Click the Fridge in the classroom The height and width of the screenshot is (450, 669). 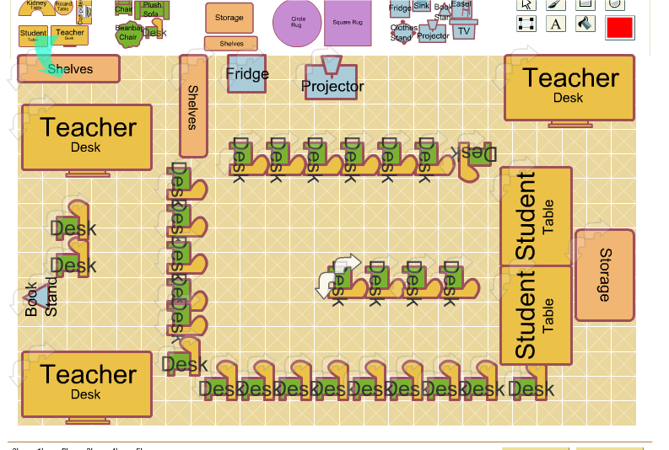click(x=246, y=74)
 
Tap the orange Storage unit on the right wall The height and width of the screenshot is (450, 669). click(x=604, y=275)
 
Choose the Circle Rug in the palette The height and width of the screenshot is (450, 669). click(x=298, y=23)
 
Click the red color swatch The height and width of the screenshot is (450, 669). click(x=619, y=27)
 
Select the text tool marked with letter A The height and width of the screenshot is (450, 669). click(x=556, y=24)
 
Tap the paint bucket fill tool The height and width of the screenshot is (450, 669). click(x=585, y=24)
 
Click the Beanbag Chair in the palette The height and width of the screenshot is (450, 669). click(x=127, y=33)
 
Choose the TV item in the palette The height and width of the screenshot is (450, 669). click(x=463, y=31)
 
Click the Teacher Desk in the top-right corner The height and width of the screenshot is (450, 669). click(x=569, y=88)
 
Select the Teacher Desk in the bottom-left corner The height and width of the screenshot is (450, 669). click(x=86, y=383)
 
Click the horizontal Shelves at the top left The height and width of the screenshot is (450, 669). click(x=68, y=69)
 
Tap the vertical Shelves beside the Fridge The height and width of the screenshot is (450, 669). click(x=193, y=106)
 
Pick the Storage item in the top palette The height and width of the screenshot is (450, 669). click(x=229, y=18)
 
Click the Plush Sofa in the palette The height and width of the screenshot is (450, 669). click(x=153, y=9)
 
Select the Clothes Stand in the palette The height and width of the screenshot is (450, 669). click(x=402, y=33)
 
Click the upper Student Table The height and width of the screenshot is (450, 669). click(x=536, y=217)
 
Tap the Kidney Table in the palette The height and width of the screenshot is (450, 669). click(x=36, y=8)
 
